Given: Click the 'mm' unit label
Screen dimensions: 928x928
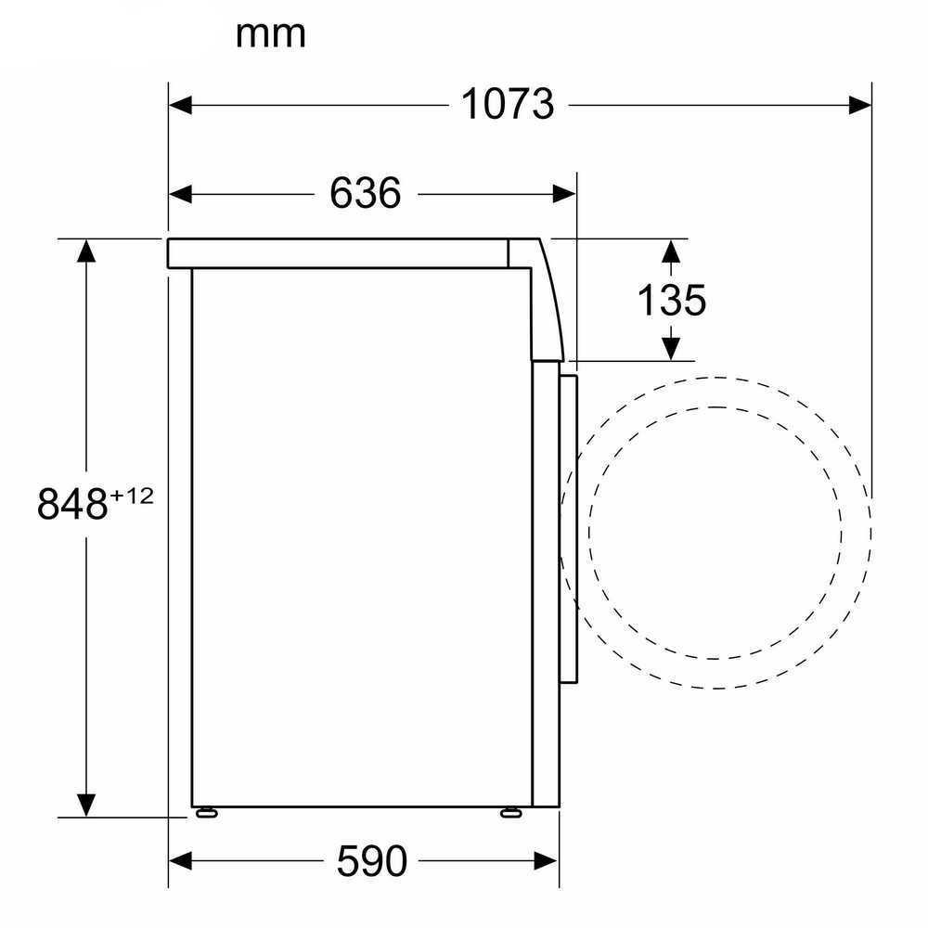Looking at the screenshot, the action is pyautogui.click(x=270, y=35).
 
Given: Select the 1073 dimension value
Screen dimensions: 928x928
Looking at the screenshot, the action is pyautogui.click(x=508, y=104).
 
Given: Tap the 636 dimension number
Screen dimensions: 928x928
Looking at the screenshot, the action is pyautogui.click(x=365, y=193).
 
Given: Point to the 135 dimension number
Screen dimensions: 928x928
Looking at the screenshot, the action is pyautogui.click(x=671, y=300).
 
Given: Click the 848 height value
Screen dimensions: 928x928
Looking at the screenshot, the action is pyautogui.click(x=72, y=504).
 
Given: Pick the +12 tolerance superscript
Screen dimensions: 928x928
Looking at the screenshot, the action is pyautogui.click(x=132, y=496).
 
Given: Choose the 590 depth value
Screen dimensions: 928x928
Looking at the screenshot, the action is pyautogui.click(x=372, y=860).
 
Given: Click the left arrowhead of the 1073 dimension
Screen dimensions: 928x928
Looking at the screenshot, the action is pyautogui.click(x=180, y=106).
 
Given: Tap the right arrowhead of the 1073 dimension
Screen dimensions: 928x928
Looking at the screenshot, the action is pyautogui.click(x=860, y=106).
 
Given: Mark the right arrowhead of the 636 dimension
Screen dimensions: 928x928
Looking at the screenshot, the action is pyautogui.click(x=564, y=194).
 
